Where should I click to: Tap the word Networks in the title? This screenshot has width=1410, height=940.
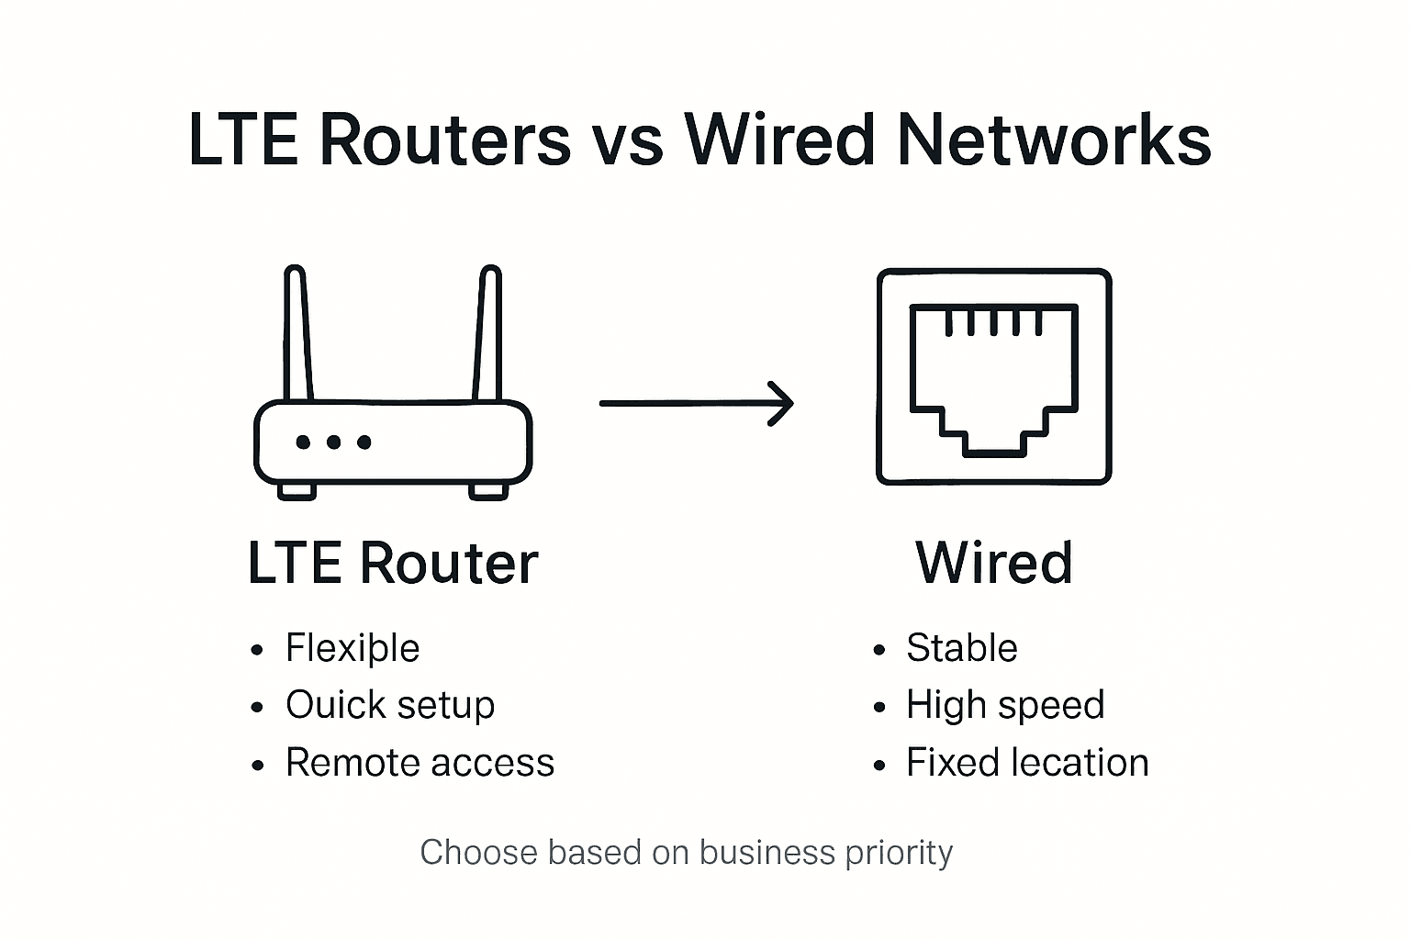1054,140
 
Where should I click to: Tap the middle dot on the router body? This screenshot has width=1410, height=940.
333,442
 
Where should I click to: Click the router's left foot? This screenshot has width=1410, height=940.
297,491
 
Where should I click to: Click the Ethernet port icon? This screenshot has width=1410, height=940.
994,376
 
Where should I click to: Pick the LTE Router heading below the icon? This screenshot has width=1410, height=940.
393,563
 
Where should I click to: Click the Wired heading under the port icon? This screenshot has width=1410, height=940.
994,563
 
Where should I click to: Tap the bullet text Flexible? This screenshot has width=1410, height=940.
352,649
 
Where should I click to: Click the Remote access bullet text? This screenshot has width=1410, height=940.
420,763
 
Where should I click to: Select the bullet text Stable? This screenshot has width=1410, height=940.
961,648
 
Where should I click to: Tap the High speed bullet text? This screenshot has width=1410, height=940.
1005,706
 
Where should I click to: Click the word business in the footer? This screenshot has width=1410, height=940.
768,853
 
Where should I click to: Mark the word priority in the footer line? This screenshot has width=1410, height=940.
899,854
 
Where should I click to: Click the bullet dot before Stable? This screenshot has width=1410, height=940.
879,651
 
